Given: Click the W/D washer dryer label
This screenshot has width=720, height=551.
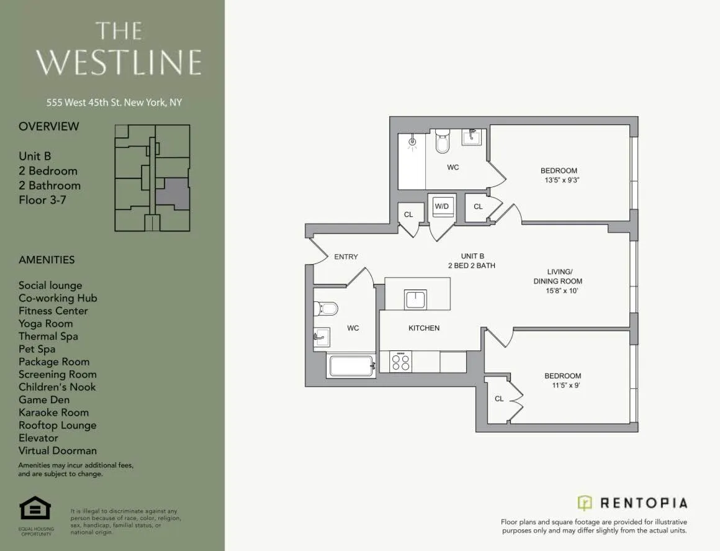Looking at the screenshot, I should [441, 206].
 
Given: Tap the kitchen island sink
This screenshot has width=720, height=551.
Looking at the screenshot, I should [415, 299].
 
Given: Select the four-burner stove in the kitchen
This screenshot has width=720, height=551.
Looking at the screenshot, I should [400, 362].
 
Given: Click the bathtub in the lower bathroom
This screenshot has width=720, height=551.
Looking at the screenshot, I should [351, 366].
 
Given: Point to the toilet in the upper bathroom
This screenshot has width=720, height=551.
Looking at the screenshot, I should [442, 142].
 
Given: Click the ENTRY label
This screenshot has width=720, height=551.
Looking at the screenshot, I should [346, 257].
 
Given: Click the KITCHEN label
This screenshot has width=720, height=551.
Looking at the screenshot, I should [424, 328].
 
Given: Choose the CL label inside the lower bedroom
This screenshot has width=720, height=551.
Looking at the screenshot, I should [499, 399].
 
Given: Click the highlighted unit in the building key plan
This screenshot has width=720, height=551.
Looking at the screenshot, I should [172, 193].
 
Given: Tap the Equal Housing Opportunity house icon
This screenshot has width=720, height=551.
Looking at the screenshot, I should [35, 509].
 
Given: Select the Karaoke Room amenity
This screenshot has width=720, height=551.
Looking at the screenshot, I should [53, 412].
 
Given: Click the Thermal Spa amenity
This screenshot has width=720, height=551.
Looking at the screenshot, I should [48, 336].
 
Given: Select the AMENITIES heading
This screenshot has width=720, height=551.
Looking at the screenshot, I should [47, 260].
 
